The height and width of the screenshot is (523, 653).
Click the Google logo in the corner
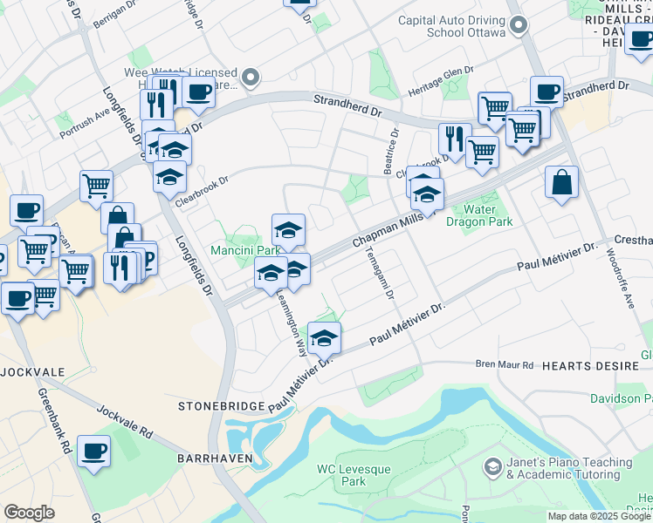pos(30,513)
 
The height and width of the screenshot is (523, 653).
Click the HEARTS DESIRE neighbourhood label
pos(585,366)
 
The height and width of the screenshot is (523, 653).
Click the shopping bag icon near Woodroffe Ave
pos(562,182)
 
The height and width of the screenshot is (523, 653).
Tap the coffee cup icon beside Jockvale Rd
pos(94,452)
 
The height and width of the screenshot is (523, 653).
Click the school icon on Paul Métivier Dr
pos(324,337)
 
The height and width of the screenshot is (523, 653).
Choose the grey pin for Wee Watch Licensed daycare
pos(251,78)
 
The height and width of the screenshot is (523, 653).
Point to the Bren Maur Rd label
pos(504,364)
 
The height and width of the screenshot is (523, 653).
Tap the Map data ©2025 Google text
pos(599,516)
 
